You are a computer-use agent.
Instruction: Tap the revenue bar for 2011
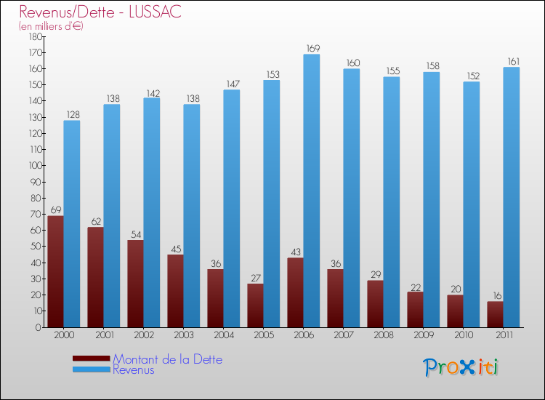pos(512,197)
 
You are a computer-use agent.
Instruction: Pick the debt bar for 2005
pos(255,305)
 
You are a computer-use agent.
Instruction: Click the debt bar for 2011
pos(495,314)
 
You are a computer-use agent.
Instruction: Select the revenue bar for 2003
pos(191,215)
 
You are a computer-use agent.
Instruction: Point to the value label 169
pos(312,49)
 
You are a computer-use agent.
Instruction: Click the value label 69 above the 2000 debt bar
pos(55,210)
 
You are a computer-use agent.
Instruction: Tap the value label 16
pos(496,296)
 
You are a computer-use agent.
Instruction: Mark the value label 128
pos(72,115)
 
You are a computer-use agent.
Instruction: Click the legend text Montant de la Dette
pos(168,359)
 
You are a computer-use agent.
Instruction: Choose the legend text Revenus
pos(134,369)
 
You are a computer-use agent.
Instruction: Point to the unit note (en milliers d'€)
pos(51,26)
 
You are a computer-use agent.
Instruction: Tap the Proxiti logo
pos(461,367)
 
